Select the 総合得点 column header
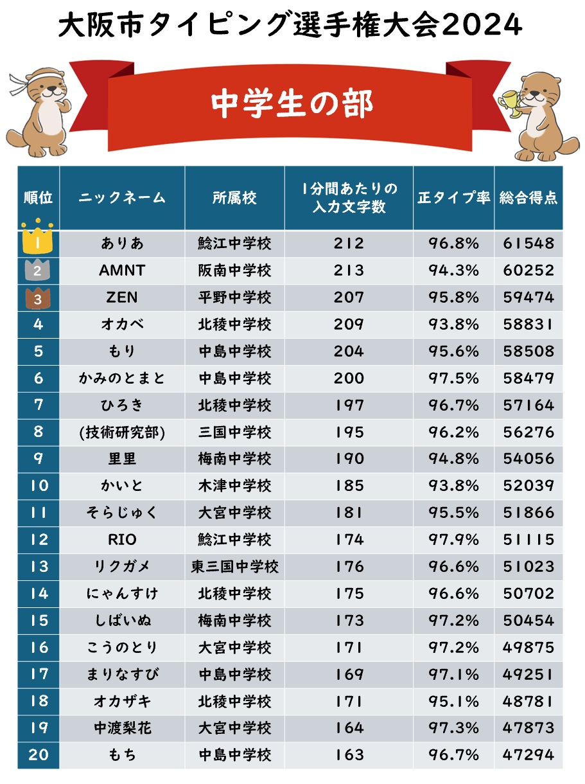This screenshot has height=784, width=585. [528, 198]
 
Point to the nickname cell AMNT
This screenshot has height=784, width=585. [122, 271]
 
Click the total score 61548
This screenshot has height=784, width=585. [528, 244]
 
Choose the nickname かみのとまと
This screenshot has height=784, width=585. [122, 379]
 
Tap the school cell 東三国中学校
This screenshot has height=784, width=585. [234, 567]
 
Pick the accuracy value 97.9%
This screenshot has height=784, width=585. [454, 540]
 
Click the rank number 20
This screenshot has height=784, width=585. [39, 754]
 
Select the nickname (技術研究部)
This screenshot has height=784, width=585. [122, 432]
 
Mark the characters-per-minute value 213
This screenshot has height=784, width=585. [349, 271]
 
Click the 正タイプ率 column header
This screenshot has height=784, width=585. [454, 198]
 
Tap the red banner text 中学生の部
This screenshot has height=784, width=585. [292, 103]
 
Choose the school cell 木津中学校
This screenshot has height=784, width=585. [234, 486]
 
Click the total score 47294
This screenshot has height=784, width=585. [528, 754]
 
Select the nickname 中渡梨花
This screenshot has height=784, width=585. [122, 728]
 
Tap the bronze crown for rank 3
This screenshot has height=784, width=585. [37, 298]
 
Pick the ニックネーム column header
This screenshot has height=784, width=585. [122, 198]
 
